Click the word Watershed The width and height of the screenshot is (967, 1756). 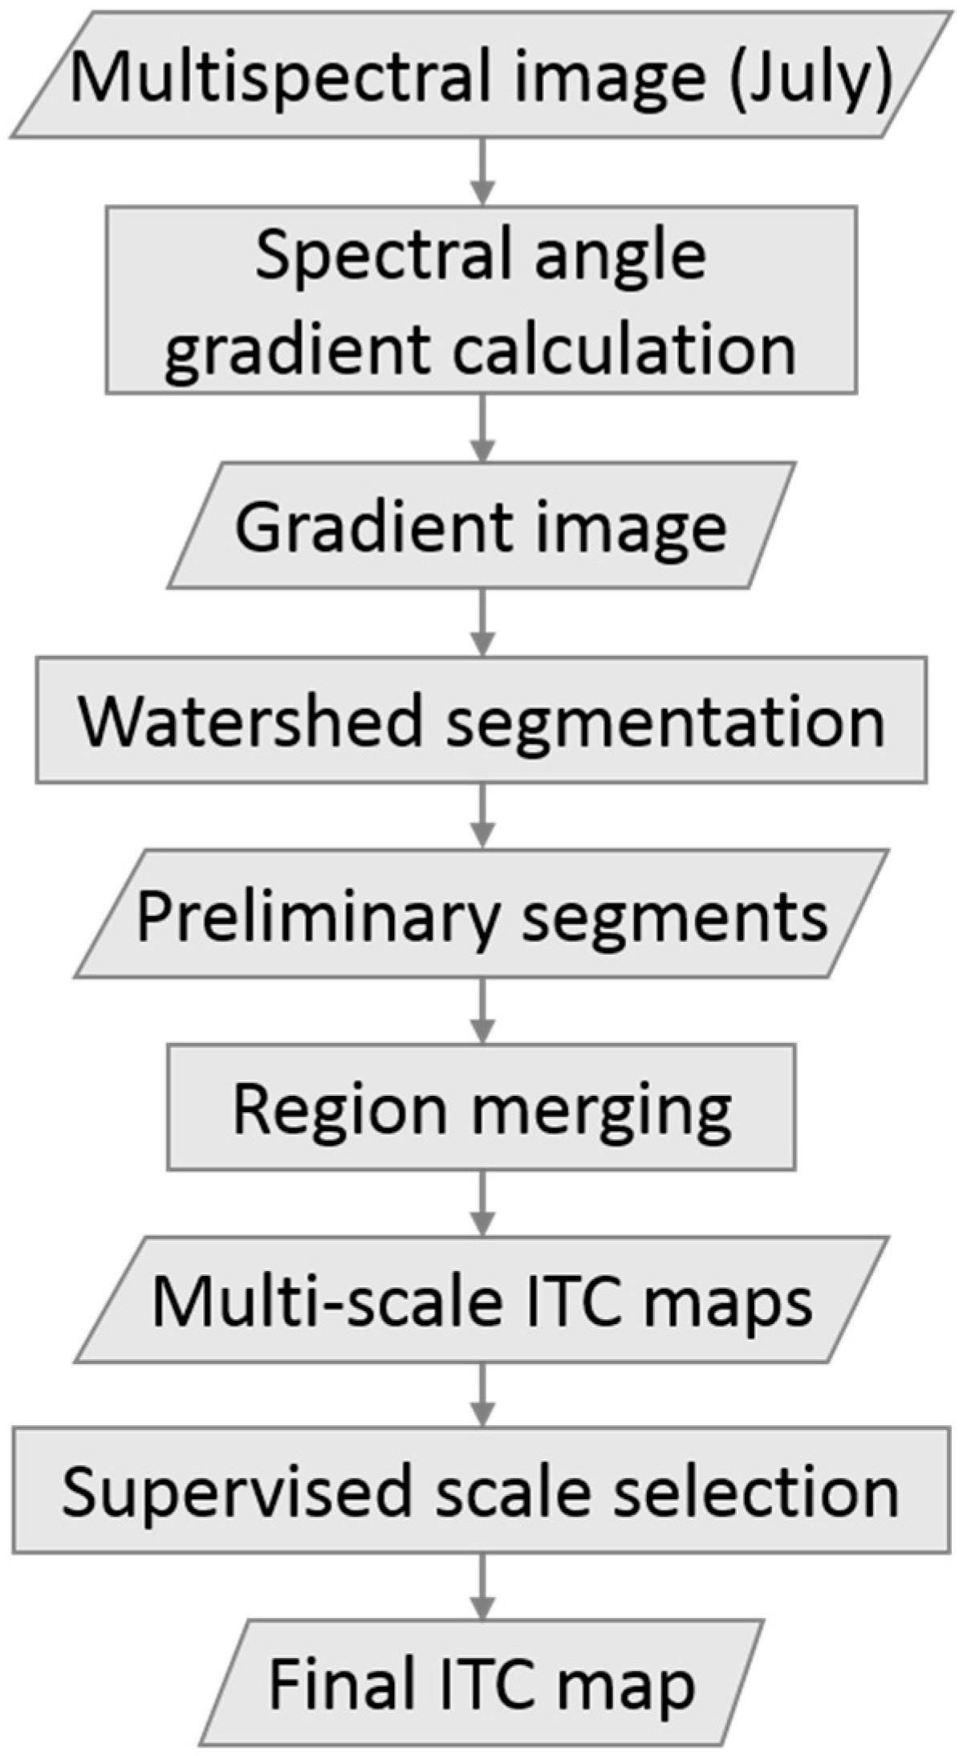pyautogui.click(x=250, y=720)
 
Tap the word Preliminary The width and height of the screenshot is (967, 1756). pyautogui.click(x=318, y=916)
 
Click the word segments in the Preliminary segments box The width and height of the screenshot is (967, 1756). pyautogui.click(x=675, y=916)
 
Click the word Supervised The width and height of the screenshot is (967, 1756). pyautogui.click(x=236, y=1493)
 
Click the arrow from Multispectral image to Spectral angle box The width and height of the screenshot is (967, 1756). pyautogui.click(x=481, y=172)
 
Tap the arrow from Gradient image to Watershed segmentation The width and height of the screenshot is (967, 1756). pyautogui.click(x=481, y=622)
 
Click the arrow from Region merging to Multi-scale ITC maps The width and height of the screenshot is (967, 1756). pyautogui.click(x=481, y=1202)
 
